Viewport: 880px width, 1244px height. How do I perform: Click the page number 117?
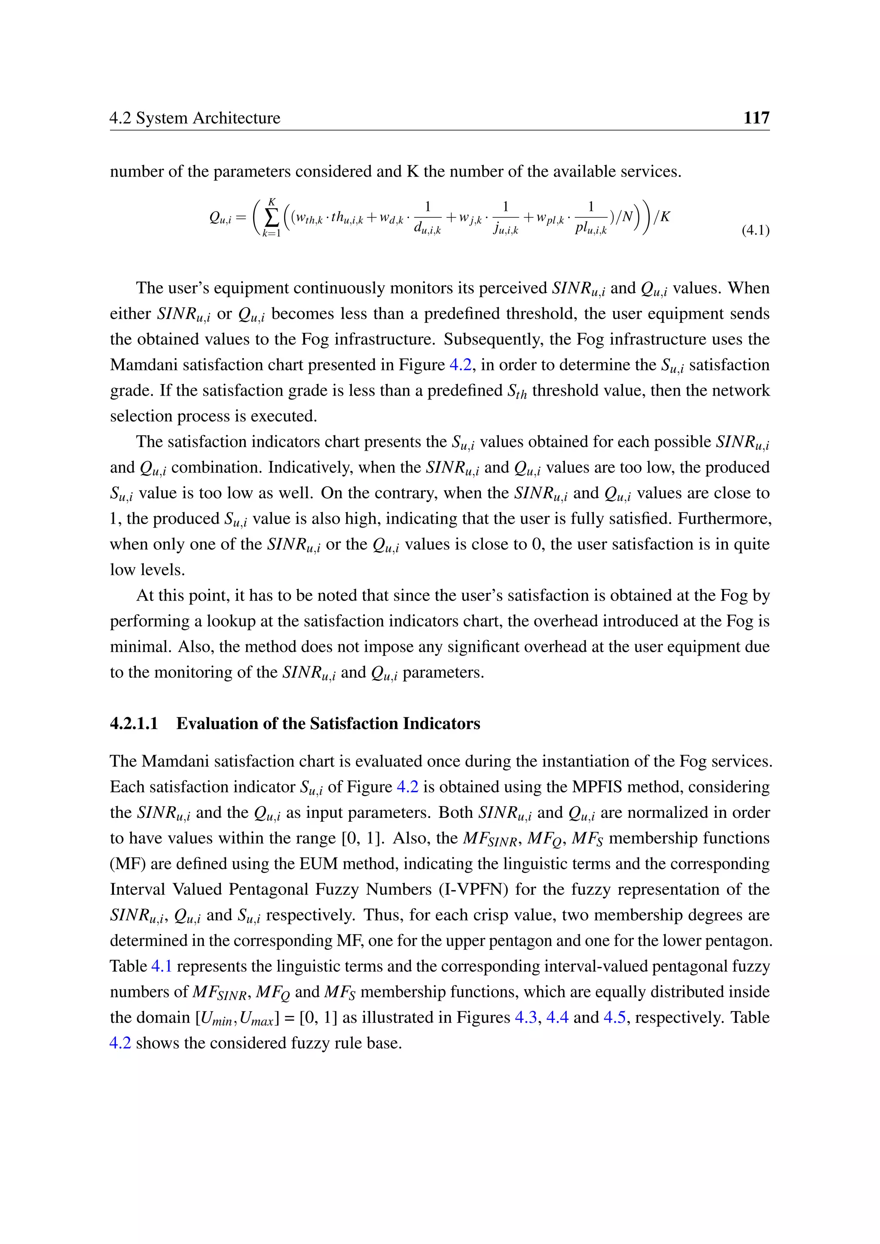(x=756, y=118)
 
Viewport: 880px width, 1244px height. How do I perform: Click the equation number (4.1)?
(x=755, y=230)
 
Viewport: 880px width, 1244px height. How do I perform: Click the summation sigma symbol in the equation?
(x=272, y=218)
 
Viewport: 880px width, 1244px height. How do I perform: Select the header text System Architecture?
(x=208, y=118)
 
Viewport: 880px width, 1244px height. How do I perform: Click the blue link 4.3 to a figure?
(x=525, y=1017)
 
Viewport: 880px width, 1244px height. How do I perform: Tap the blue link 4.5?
(x=614, y=1017)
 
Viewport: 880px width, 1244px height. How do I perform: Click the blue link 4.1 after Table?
(x=161, y=966)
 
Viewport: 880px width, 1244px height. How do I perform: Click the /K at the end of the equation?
(x=662, y=217)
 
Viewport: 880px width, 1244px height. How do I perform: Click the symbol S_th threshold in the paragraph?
(x=517, y=392)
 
